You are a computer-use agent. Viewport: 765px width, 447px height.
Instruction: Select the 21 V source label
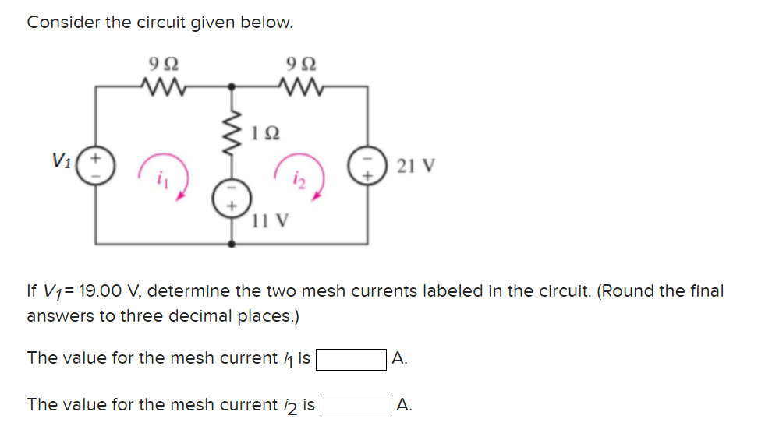pos(416,166)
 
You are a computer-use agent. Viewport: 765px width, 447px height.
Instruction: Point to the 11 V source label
pos(269,220)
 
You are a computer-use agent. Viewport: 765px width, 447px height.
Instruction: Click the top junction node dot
pos(232,86)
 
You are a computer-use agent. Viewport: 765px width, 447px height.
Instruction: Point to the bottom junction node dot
pos(232,244)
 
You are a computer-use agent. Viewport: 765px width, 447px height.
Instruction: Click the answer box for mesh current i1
pos(351,360)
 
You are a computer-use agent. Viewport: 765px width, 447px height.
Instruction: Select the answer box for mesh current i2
pos(356,406)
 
